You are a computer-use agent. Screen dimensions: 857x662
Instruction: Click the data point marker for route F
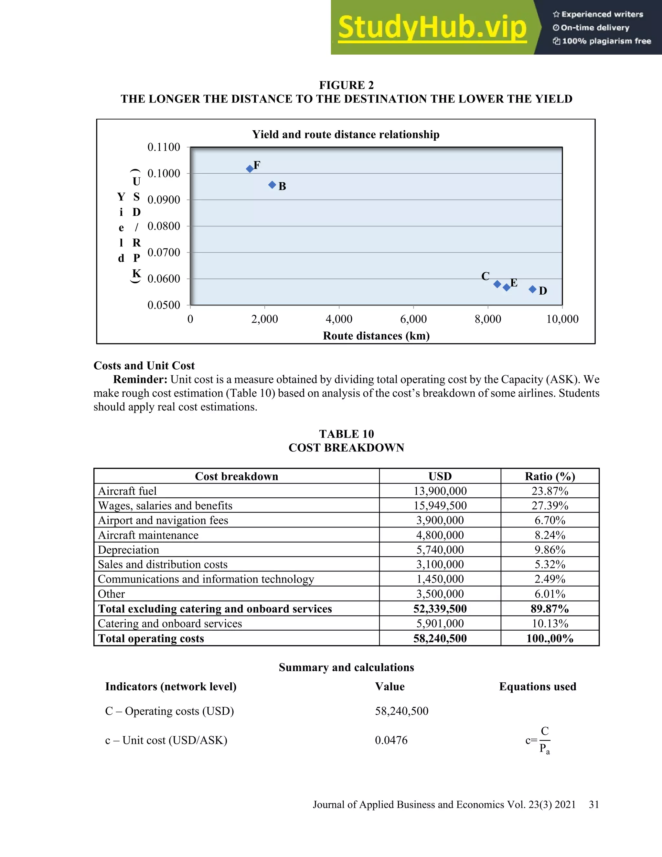point(250,169)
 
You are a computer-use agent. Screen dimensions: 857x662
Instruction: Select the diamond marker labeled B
point(272,185)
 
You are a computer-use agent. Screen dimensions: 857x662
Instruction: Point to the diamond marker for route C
point(497,284)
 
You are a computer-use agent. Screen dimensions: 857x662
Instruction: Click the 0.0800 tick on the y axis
point(164,226)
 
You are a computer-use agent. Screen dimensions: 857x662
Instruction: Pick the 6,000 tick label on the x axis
point(413,319)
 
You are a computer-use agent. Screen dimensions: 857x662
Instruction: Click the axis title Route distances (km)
point(376,336)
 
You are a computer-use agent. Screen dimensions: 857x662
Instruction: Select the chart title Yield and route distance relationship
point(346,135)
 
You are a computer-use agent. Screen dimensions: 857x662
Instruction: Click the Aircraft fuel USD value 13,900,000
point(440,491)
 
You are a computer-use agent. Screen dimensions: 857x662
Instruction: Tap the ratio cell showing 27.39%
point(550,505)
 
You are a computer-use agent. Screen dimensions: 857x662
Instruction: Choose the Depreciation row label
point(128,550)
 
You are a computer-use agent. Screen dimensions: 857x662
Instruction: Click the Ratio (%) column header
point(550,476)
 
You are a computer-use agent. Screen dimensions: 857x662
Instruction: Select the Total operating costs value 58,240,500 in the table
point(440,638)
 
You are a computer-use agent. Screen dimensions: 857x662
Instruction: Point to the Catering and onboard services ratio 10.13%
point(550,624)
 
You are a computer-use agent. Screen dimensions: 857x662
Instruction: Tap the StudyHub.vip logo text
point(432,27)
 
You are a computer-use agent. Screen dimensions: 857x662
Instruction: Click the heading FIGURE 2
point(346,85)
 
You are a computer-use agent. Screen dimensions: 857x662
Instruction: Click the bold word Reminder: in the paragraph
point(140,379)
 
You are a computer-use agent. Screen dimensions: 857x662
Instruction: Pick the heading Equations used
point(537,686)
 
